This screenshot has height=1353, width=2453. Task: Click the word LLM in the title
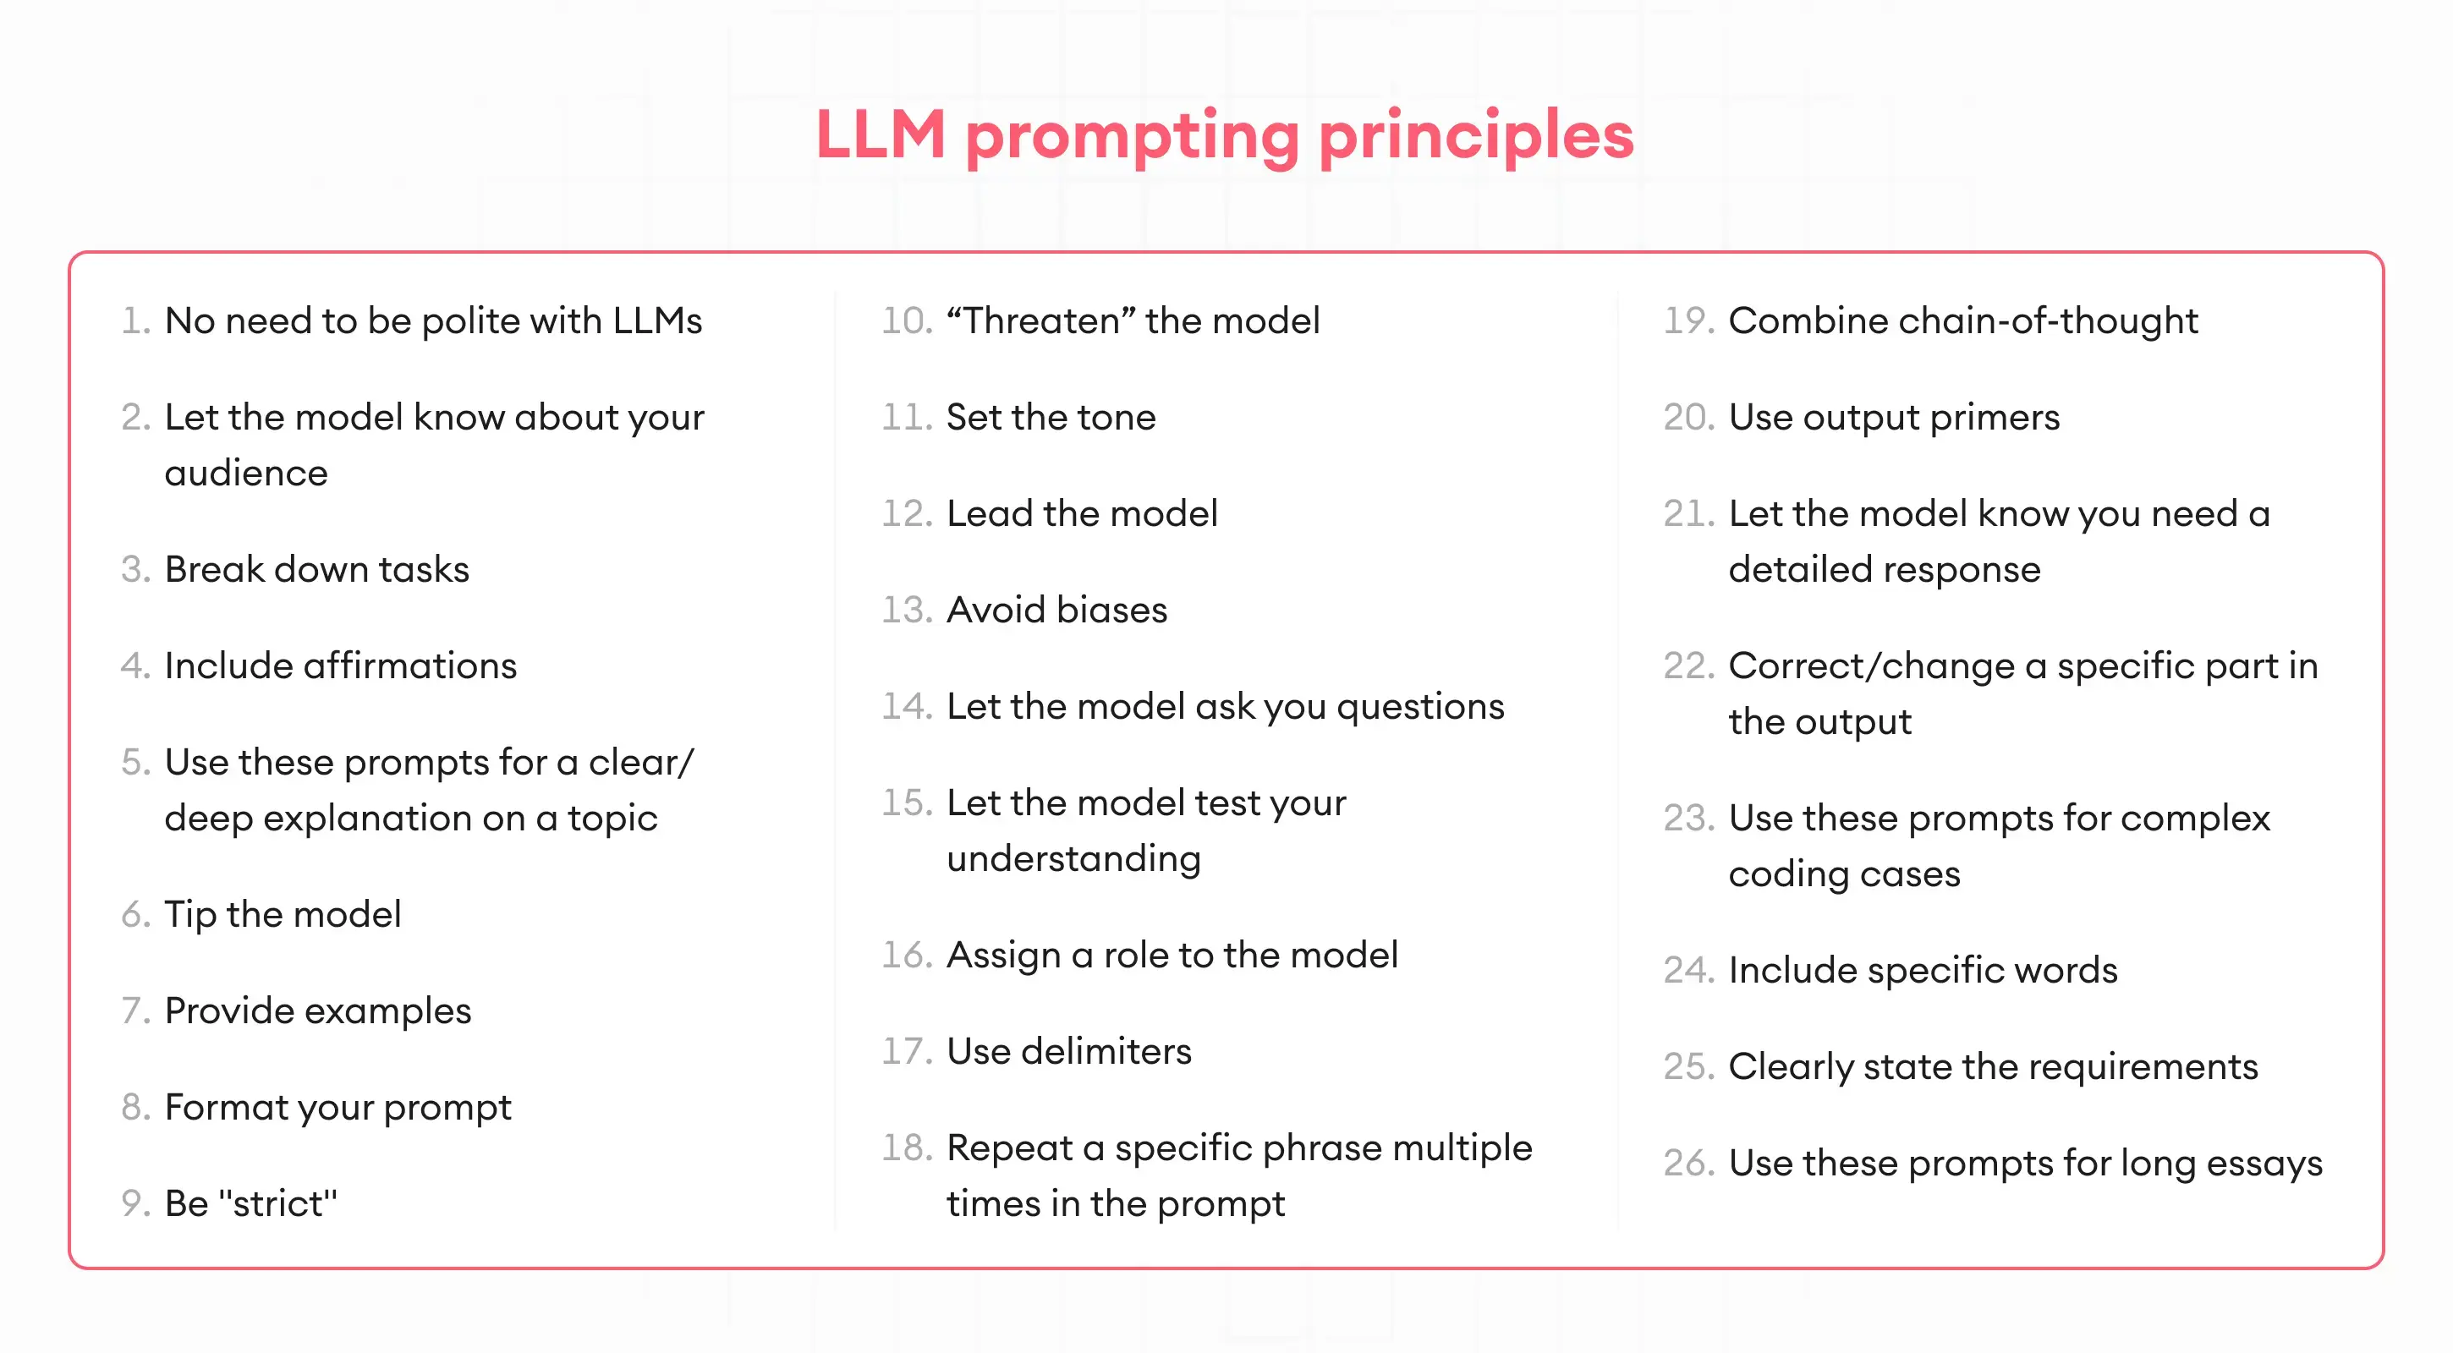tap(880, 134)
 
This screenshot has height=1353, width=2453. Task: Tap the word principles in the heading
tap(1475, 136)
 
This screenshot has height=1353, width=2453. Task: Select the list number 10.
tap(906, 320)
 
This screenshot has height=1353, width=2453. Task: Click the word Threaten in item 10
tap(1040, 320)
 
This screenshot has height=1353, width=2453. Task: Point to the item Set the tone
tap(1051, 417)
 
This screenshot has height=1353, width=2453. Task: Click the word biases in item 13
tap(1111, 611)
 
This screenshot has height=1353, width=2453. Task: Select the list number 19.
tap(1688, 320)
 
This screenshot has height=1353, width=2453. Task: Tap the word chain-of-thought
tap(2047, 320)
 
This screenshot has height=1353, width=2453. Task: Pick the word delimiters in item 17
tap(1106, 1051)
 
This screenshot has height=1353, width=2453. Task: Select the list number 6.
tap(135, 915)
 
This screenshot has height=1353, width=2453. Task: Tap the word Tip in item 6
tap(190, 915)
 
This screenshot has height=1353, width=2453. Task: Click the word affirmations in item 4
tap(409, 666)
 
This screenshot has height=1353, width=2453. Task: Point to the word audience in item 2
tap(245, 474)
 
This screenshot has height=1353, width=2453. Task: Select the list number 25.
tap(1688, 1066)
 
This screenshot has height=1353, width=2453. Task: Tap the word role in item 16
tap(1135, 955)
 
